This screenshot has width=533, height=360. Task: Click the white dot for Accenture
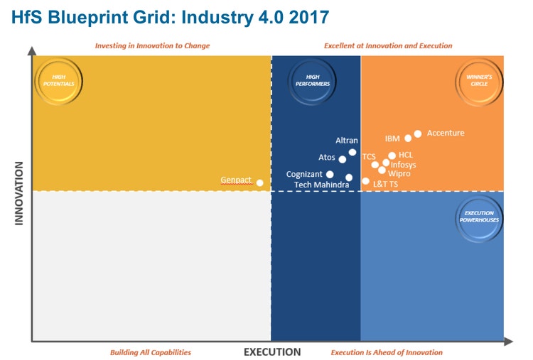pos(418,133)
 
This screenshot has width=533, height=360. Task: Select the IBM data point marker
pos(408,138)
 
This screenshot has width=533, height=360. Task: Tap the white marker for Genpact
pos(259,182)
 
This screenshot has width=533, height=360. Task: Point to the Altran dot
pos(352,153)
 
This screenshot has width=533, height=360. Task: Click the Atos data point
pos(343,159)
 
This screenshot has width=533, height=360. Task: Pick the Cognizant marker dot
pos(330,174)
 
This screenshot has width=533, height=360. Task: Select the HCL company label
pos(405,155)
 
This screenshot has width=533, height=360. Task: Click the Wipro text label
pos(399,174)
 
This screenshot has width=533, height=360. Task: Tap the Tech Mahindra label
pos(321,185)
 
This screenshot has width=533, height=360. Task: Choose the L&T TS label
pos(385,185)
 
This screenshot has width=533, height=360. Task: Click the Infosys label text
pos(403,165)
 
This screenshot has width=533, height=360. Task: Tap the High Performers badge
pos(313,80)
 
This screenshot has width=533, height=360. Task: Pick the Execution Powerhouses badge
pos(479,216)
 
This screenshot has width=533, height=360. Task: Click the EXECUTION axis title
pos(272,352)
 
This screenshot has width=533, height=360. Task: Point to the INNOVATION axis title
pos(19,193)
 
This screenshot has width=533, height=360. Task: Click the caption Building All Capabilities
pos(150,352)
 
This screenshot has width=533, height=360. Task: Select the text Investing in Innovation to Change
pos(152,46)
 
